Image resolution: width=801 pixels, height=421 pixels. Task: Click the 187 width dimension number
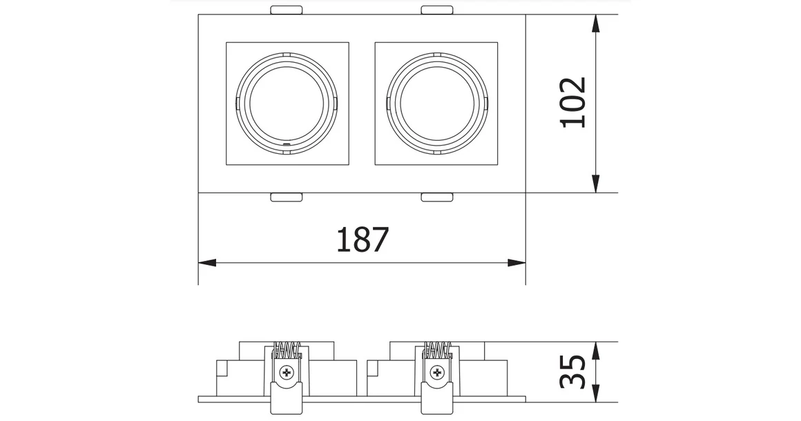pyautogui.click(x=363, y=240)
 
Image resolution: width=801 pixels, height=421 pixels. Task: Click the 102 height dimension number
pyautogui.click(x=573, y=102)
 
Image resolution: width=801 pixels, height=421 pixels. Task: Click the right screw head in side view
pyautogui.click(x=436, y=373)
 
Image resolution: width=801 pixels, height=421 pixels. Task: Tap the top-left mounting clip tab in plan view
pyautogui.click(x=287, y=10)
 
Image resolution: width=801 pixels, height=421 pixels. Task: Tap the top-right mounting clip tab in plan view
pyautogui.click(x=436, y=10)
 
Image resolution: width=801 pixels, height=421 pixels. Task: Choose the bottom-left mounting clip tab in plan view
pyautogui.click(x=287, y=198)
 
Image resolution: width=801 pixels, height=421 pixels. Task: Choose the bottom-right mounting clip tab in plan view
pyautogui.click(x=436, y=198)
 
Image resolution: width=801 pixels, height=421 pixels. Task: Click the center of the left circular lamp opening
pyautogui.click(x=287, y=104)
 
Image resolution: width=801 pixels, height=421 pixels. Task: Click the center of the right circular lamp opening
pyautogui.click(x=436, y=104)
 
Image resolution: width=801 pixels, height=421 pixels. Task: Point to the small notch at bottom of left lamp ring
pyautogui.click(x=288, y=145)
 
